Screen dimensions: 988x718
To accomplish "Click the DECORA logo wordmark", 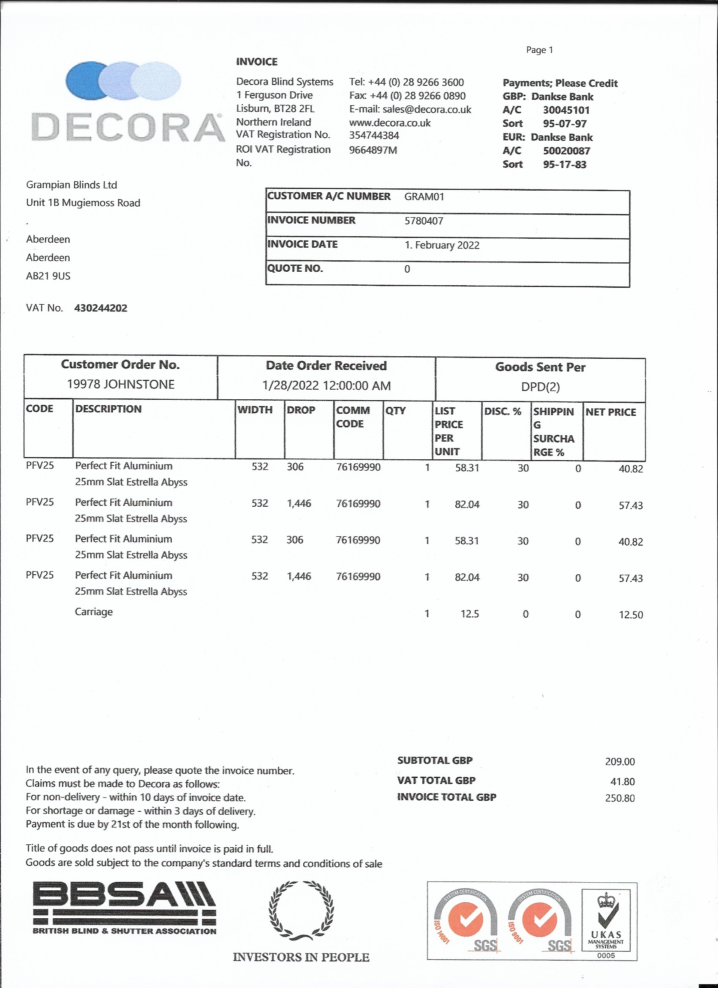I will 128,127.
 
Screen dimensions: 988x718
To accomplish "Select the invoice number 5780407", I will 424,221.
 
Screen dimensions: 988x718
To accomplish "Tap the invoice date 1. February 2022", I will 441,245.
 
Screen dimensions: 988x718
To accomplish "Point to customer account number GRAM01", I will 424,197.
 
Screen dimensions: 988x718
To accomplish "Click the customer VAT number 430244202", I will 101,308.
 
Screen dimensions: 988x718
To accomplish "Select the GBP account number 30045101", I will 566,110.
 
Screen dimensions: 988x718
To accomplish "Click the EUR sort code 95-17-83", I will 564,165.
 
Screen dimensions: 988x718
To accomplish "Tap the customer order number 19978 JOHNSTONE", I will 121,384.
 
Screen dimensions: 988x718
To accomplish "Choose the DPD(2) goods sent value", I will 540,387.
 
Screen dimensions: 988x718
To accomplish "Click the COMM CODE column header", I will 353,417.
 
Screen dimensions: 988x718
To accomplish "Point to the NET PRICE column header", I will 610,412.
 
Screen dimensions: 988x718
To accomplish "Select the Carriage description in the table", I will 94,611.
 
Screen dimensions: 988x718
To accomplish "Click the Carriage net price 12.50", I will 631,615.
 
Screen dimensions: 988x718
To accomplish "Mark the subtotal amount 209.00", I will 620,761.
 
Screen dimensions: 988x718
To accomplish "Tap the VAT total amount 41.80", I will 622,781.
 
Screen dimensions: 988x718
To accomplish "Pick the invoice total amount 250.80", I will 620,798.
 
